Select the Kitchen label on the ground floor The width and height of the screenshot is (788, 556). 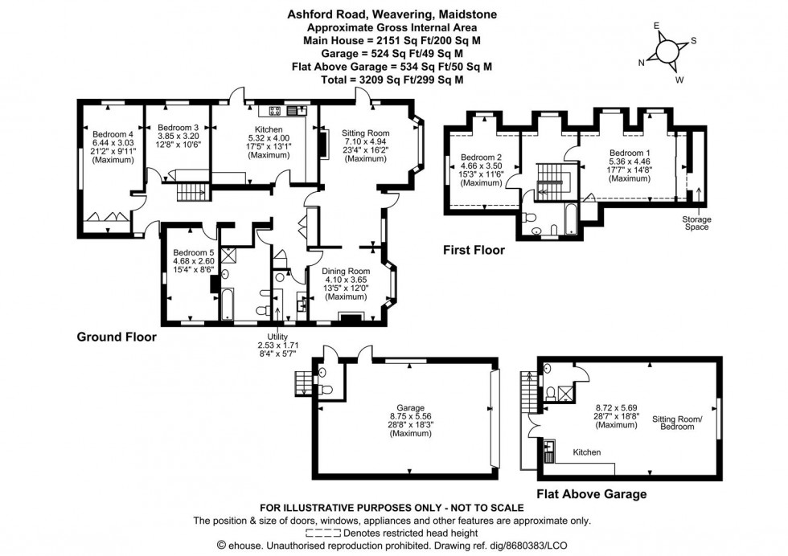pyautogui.click(x=269, y=129)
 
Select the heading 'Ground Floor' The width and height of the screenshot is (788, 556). pyautogui.click(x=117, y=337)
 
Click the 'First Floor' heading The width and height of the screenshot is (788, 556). pyautogui.click(x=474, y=251)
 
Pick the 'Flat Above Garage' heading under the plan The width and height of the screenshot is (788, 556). pyautogui.click(x=592, y=494)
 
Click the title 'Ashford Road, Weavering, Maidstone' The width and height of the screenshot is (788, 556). pyautogui.click(x=393, y=14)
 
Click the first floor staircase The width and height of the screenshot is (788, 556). pyautogui.click(x=552, y=179)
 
